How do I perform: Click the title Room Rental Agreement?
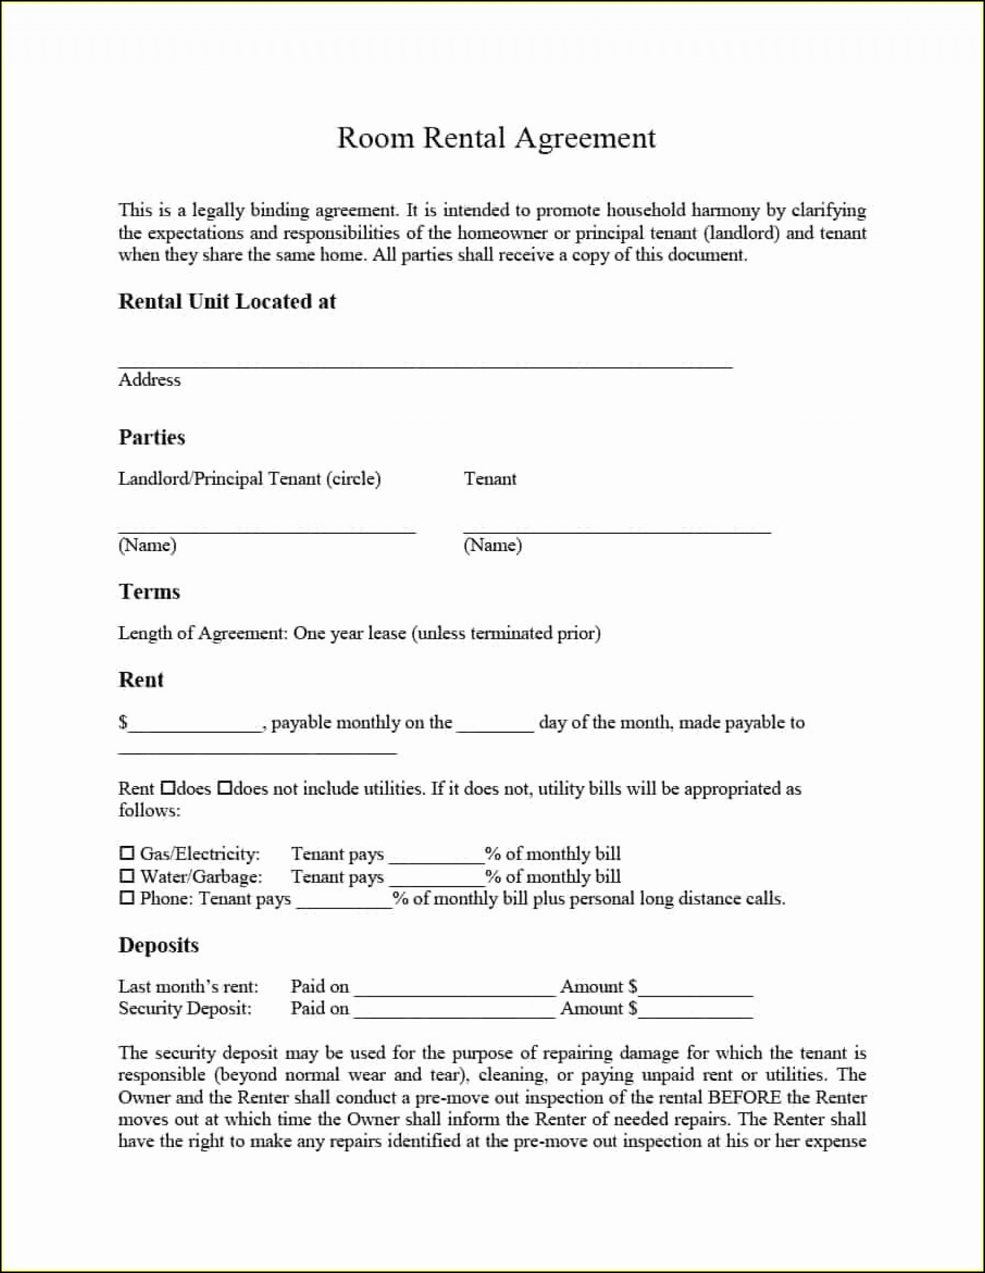pos(497,139)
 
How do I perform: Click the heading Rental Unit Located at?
pos(227,301)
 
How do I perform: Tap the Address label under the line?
pos(149,379)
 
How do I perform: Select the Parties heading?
pos(151,436)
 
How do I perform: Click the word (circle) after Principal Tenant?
pos(353,479)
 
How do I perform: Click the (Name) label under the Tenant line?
pos(492,545)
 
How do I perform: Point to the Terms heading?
pos(149,591)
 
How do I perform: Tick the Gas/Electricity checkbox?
pos(126,853)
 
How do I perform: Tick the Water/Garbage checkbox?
pos(126,875)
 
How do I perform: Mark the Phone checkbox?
pos(126,898)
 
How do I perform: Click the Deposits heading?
pos(159,945)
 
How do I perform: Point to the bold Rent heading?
pos(141,680)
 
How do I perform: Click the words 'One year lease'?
pos(349,633)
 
